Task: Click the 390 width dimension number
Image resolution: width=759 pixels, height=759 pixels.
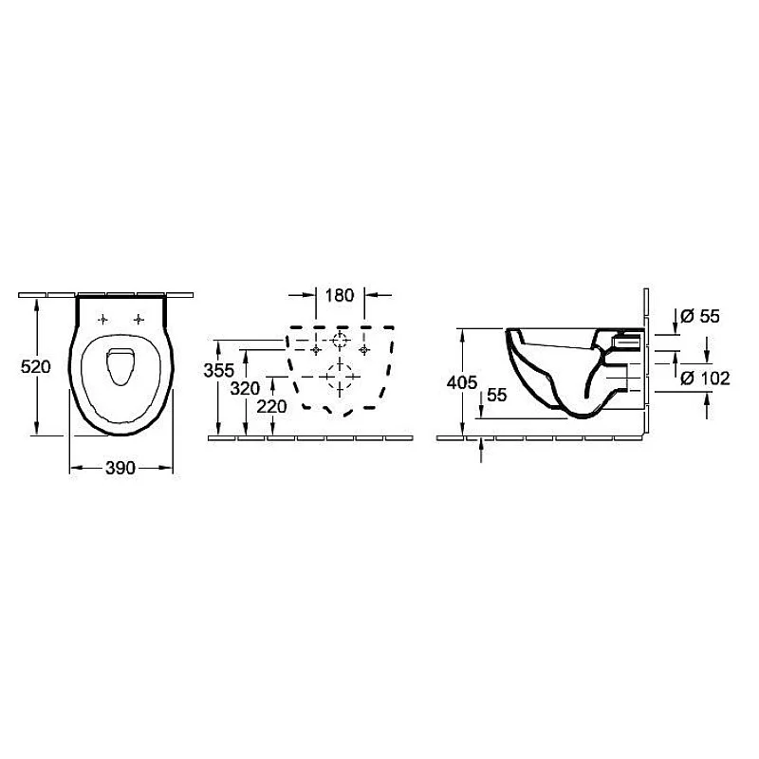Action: point(121,468)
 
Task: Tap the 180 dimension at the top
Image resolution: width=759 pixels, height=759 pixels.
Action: point(339,295)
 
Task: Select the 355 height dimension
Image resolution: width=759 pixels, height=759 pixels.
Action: point(219,371)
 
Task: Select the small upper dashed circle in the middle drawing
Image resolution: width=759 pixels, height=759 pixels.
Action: point(340,342)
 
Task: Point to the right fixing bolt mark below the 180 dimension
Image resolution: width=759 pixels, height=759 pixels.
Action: point(363,350)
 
